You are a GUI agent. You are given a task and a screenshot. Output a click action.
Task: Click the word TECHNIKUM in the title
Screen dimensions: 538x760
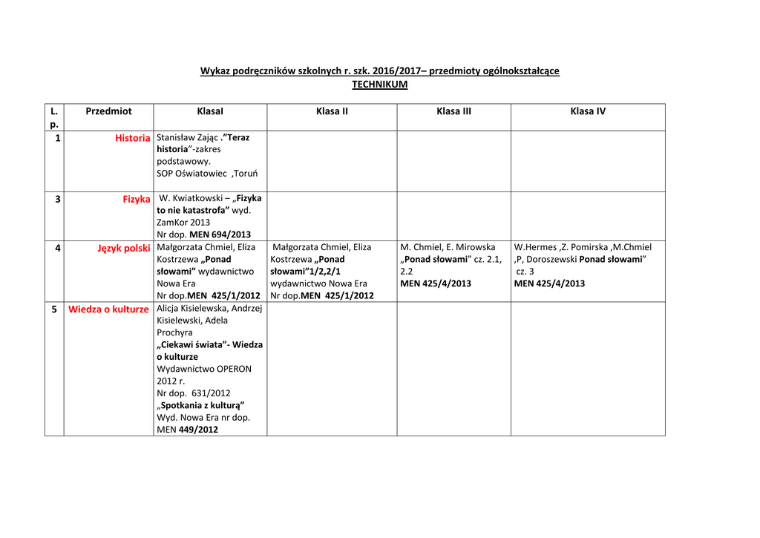pyautogui.click(x=379, y=85)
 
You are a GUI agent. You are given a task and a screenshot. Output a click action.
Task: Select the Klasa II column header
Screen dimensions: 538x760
pyautogui.click(x=332, y=111)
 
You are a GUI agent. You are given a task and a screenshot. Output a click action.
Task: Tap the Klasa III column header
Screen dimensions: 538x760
pyautogui.click(x=453, y=111)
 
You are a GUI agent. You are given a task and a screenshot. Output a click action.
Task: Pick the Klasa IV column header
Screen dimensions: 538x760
pyautogui.click(x=588, y=111)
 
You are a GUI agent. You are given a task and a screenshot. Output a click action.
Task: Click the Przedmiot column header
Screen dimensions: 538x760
pyautogui.click(x=108, y=111)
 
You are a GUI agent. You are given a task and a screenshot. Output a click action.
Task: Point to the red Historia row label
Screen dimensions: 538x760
pyautogui.click(x=133, y=138)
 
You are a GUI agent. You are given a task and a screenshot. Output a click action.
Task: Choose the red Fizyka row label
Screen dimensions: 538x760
pyautogui.click(x=137, y=199)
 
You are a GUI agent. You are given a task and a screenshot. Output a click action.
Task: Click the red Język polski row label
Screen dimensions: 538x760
pyautogui.click(x=124, y=248)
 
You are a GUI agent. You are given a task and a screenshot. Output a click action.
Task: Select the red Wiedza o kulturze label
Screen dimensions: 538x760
pyautogui.click(x=108, y=309)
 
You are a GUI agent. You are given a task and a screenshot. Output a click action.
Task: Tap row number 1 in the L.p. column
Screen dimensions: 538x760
pyautogui.click(x=58, y=138)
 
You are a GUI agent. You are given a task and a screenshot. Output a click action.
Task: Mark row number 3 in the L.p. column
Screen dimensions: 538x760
pyautogui.click(x=58, y=199)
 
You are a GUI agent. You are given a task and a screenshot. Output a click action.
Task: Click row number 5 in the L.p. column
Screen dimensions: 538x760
pyautogui.click(x=54, y=309)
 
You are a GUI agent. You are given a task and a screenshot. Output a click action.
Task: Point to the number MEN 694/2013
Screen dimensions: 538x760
pyautogui.click(x=220, y=234)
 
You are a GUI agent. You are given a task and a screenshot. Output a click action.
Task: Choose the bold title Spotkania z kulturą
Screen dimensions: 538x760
pyautogui.click(x=201, y=405)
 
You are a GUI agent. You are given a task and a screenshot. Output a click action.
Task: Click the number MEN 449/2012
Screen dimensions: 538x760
pyautogui.click(x=198, y=430)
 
